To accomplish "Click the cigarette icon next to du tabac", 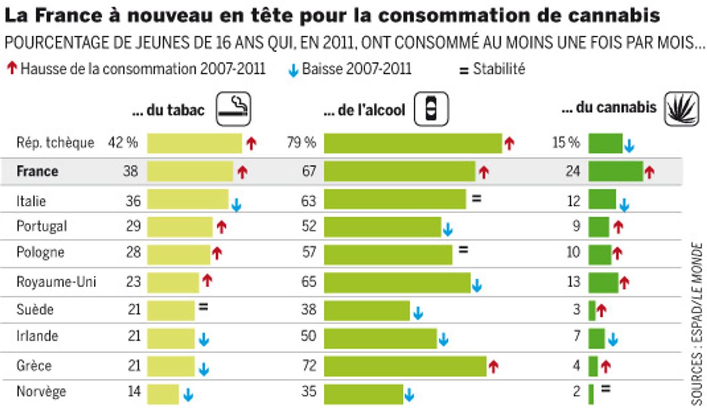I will (x=233, y=109).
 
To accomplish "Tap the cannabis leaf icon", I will (x=681, y=109).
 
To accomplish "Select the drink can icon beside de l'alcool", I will (x=431, y=109).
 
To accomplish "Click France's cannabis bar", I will (x=615, y=171).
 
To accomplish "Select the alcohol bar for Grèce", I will (x=405, y=366).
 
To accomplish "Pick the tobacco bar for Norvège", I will (x=163, y=393).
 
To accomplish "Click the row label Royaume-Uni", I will (x=56, y=281).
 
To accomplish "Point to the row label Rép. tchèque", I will (x=55, y=143).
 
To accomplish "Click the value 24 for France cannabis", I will (x=572, y=171).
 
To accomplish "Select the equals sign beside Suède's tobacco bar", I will (x=203, y=306).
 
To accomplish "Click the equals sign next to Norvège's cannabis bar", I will (x=605, y=388).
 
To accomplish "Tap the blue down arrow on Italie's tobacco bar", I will (x=236, y=206).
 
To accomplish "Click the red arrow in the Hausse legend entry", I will (x=12, y=69).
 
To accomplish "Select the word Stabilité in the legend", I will (x=499, y=69).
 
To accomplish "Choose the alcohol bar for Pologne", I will (x=388, y=254).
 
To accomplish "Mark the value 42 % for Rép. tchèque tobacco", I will (x=122, y=143).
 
